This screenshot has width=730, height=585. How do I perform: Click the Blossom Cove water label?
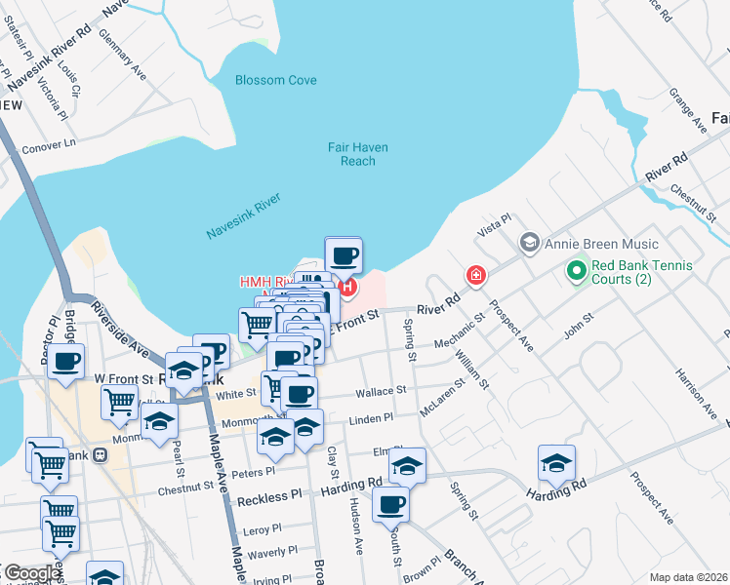click(x=276, y=80)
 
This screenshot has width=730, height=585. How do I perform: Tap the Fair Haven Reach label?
click(x=357, y=154)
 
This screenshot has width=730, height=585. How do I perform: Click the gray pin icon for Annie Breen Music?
click(x=530, y=242)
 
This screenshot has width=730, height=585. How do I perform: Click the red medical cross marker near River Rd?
click(x=476, y=276)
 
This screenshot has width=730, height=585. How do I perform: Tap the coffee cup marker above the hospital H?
click(x=344, y=257)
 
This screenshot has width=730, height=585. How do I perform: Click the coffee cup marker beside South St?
click(x=391, y=505)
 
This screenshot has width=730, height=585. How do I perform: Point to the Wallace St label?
click(x=381, y=391)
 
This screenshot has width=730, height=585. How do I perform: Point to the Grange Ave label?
click(x=687, y=110)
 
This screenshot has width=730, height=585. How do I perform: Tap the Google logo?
click(x=31, y=573)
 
